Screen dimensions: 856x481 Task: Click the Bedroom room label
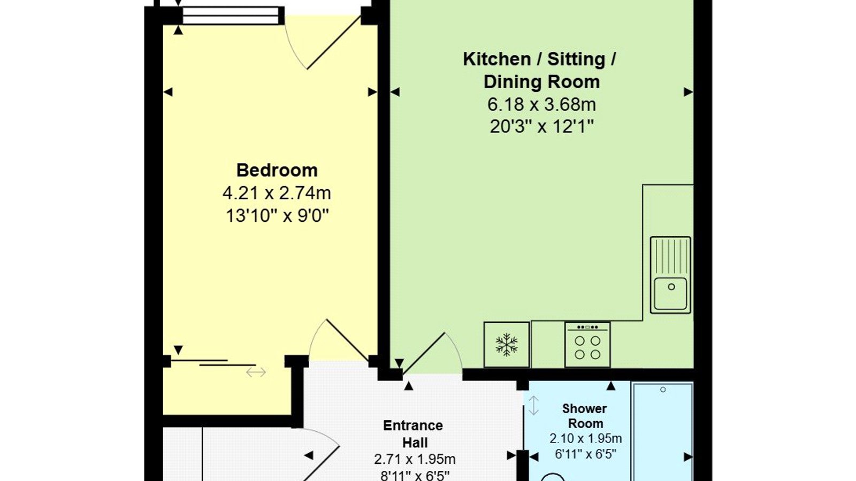point(277,170)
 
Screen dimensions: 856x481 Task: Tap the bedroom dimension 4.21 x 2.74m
point(277,193)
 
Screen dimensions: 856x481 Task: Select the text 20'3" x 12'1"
point(542,127)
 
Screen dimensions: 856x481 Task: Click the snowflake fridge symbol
point(506,344)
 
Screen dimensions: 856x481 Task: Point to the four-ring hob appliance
point(587,345)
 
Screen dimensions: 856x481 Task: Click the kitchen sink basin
point(670,293)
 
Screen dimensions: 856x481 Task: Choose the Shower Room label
point(585,416)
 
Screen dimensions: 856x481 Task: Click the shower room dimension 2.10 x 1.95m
point(586,439)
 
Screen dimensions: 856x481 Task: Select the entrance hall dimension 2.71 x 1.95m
point(415,459)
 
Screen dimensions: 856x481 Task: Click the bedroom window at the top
point(231,15)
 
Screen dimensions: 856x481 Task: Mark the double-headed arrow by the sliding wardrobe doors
point(256,372)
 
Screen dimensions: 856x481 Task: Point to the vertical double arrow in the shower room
point(533,406)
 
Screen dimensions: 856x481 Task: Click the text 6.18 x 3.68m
point(542,105)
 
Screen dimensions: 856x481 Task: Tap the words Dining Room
point(542,82)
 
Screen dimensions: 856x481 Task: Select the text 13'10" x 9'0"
point(278,216)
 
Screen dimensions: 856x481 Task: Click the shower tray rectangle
point(663,431)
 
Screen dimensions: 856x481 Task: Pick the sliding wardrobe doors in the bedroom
point(213,363)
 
